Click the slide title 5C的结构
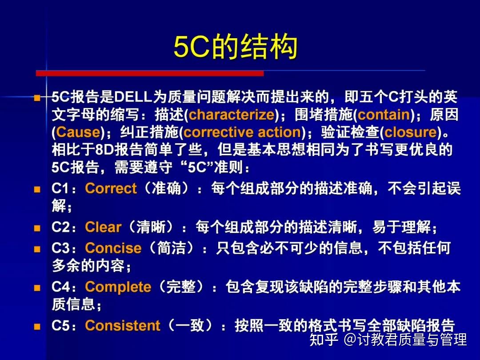[235, 48]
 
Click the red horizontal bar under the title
[150, 73]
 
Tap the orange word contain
[384, 115]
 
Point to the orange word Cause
[78, 132]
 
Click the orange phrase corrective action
[242, 132]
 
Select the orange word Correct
[111, 188]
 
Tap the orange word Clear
[103, 227]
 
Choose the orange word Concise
[113, 248]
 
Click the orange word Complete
[118, 287]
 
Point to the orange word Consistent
[122, 326]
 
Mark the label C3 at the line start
[61, 248]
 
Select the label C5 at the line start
[61, 326]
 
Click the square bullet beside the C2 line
[37, 228]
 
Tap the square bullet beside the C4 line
[37, 288]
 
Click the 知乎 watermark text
[323, 340]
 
